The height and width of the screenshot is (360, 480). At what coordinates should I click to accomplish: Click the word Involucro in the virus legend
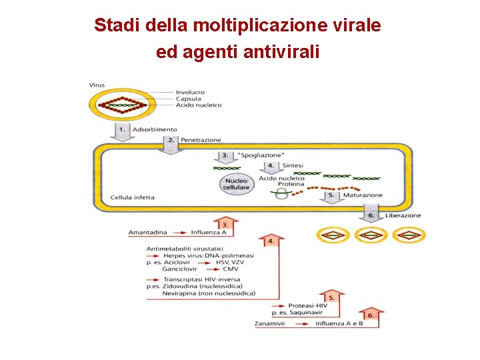click(191, 92)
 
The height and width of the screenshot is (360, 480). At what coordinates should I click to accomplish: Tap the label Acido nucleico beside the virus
click(199, 105)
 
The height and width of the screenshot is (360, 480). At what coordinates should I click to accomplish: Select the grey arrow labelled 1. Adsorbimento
click(121, 131)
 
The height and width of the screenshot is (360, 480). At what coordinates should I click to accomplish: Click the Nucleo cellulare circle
click(237, 185)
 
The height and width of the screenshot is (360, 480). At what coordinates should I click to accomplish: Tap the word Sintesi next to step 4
click(293, 165)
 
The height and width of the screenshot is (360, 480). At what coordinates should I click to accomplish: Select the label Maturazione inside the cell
click(363, 195)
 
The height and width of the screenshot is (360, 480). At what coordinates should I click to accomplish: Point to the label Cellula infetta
click(133, 197)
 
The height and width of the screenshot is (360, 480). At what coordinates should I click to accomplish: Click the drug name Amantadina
click(149, 233)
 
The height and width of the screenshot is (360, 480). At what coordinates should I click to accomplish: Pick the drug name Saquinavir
click(306, 312)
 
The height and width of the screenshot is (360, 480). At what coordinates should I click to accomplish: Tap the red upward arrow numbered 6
click(370, 317)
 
